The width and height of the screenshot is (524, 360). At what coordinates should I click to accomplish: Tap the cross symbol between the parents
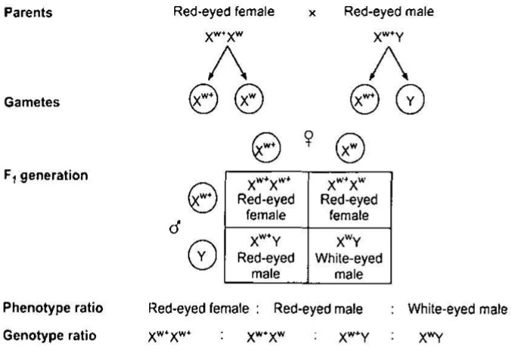pyautogui.click(x=313, y=14)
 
